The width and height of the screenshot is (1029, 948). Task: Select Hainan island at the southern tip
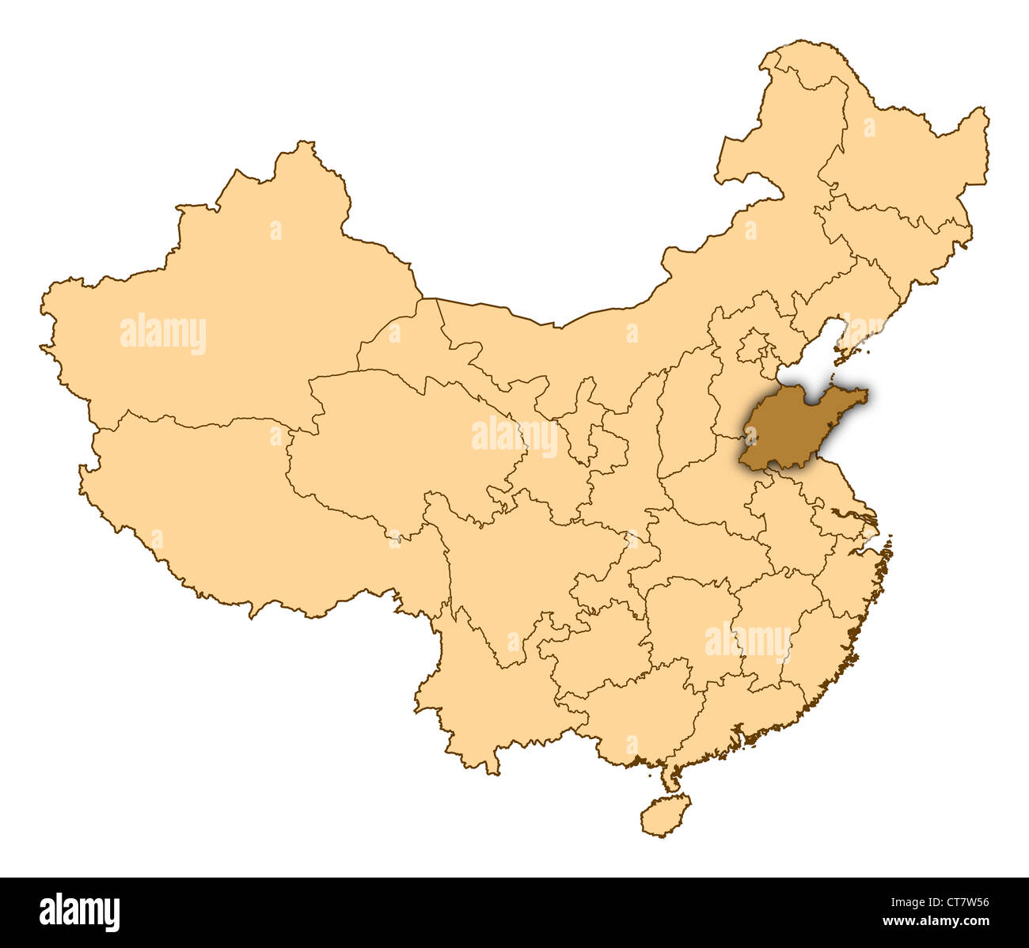pos(664,815)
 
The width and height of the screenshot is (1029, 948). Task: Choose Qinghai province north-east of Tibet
pos(396,443)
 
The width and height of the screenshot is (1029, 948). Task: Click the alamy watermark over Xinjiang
pos(163,334)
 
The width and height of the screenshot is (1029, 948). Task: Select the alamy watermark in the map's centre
pos(514,436)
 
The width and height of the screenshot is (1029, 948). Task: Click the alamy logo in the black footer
pos(79,912)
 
